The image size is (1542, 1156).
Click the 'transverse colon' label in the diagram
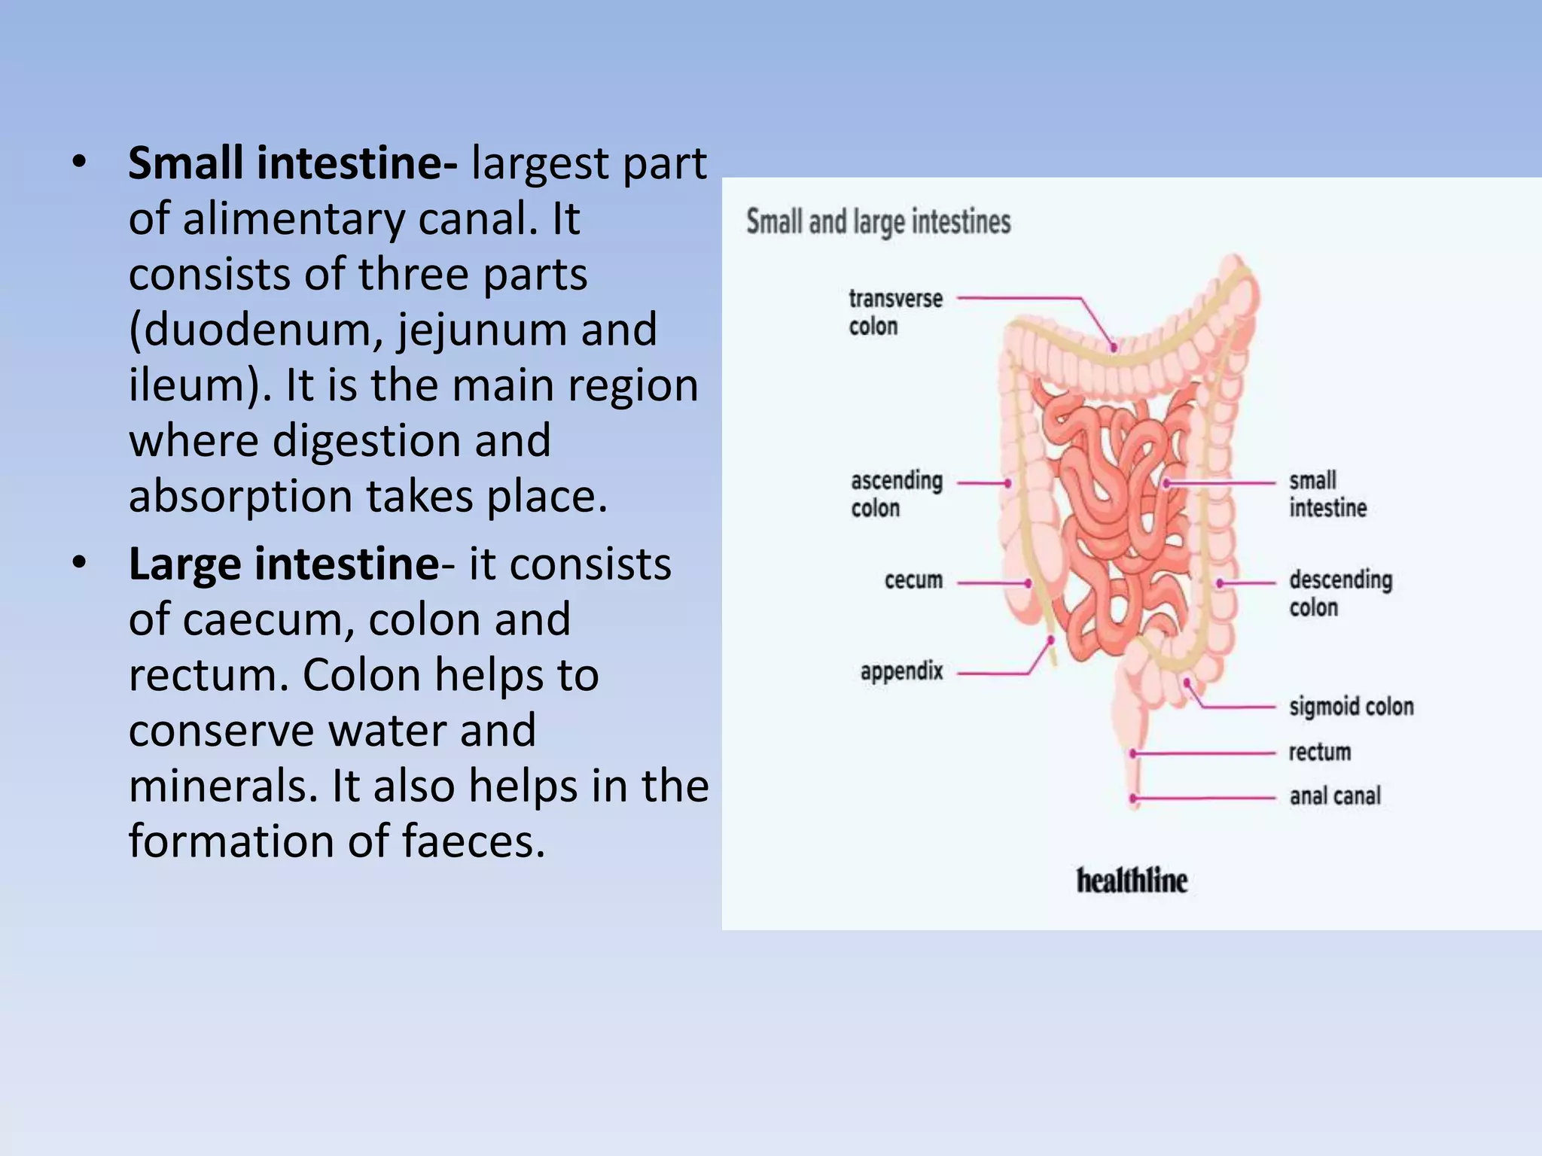click(895, 312)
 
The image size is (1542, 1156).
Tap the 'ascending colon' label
click(896, 494)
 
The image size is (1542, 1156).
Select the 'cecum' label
click(913, 580)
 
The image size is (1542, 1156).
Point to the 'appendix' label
click(901, 671)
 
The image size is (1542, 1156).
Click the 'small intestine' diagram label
click(1327, 494)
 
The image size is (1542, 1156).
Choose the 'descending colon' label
click(1340, 593)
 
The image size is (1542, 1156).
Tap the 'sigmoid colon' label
click(1351, 707)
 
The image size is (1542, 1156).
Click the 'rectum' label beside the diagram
click(1319, 752)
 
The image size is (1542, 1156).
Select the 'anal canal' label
click(1335, 796)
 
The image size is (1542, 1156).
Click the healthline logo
click(1132, 881)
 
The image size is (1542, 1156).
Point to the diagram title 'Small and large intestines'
click(878, 222)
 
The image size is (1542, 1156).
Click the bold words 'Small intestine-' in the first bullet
click(292, 163)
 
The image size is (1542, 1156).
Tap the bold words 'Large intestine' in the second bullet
click(283, 564)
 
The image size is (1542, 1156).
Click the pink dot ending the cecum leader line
click(1028, 583)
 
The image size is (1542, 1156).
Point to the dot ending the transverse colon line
click(1113, 348)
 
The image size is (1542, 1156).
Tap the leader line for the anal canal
click(1205, 798)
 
